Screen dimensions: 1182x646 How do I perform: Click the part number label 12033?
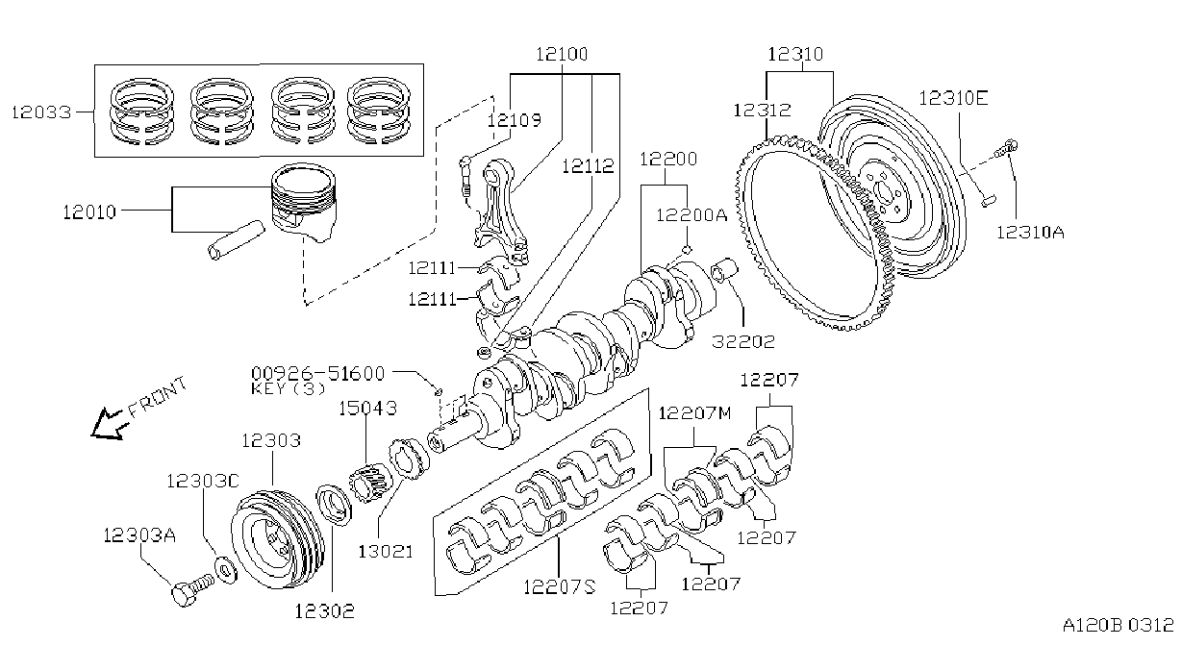click(x=41, y=112)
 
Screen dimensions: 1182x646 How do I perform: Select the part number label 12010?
click(x=89, y=212)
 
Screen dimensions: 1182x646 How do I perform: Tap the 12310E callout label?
click(x=953, y=98)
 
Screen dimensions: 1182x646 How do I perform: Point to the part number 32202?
click(x=743, y=341)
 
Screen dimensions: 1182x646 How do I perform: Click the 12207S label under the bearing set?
click(x=560, y=586)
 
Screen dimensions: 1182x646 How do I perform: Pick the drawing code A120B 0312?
click(x=1118, y=626)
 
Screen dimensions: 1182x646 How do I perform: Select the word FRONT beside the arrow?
click(x=158, y=397)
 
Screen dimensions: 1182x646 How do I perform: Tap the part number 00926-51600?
click(x=317, y=373)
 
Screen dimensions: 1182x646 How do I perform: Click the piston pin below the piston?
click(x=236, y=240)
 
